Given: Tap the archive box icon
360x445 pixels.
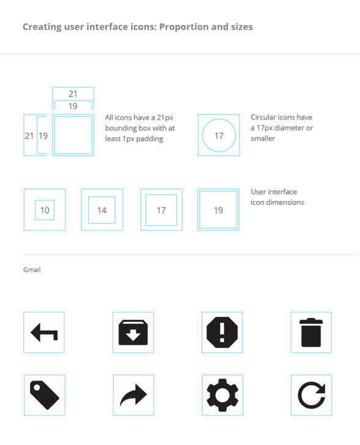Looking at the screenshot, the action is (x=133, y=333).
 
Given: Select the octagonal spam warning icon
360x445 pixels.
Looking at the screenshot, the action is (x=222, y=332).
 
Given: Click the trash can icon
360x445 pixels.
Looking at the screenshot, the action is (x=311, y=333).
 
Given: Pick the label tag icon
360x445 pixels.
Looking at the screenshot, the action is (x=45, y=395).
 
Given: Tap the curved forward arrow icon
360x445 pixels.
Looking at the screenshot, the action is (x=133, y=395).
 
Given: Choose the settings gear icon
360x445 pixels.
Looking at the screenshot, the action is (x=222, y=395).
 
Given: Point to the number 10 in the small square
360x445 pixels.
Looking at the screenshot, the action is (x=45, y=210).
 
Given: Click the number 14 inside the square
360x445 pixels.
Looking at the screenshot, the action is (x=102, y=210).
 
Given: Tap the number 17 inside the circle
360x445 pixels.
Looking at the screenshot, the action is (x=219, y=136).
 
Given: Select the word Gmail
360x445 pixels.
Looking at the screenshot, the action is (x=32, y=270).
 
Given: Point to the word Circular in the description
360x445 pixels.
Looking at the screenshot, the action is (x=263, y=117).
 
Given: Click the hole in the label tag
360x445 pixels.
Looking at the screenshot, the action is (x=37, y=388).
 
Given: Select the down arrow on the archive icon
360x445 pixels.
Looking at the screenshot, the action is (x=133, y=336).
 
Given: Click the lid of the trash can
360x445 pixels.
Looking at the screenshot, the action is (x=311, y=321).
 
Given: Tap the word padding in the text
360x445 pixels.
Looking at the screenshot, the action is (x=150, y=139).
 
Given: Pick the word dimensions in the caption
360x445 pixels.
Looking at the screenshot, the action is (x=285, y=202).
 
